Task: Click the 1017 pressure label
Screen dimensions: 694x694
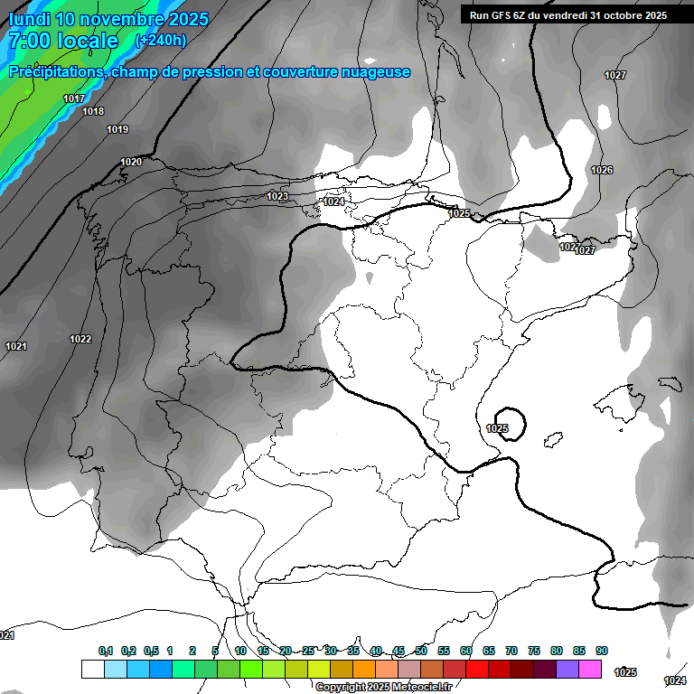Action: click(74, 98)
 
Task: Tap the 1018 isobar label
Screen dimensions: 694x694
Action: click(93, 112)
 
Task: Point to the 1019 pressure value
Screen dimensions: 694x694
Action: click(117, 130)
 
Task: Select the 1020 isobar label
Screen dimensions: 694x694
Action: click(131, 163)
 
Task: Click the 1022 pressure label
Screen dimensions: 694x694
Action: click(80, 340)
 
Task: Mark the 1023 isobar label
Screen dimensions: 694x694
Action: click(277, 197)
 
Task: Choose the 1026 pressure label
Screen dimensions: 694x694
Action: click(602, 171)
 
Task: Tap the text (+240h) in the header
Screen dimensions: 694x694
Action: click(160, 41)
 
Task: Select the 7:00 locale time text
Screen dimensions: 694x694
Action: click(63, 41)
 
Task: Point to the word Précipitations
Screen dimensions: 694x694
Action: click(55, 71)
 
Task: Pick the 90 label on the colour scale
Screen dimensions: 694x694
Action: click(602, 652)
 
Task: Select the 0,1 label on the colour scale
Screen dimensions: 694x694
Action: click(106, 652)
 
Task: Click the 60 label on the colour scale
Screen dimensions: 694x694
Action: click(466, 652)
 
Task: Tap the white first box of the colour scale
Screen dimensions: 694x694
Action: click(92, 669)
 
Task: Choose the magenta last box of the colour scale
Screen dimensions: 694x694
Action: click(590, 669)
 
